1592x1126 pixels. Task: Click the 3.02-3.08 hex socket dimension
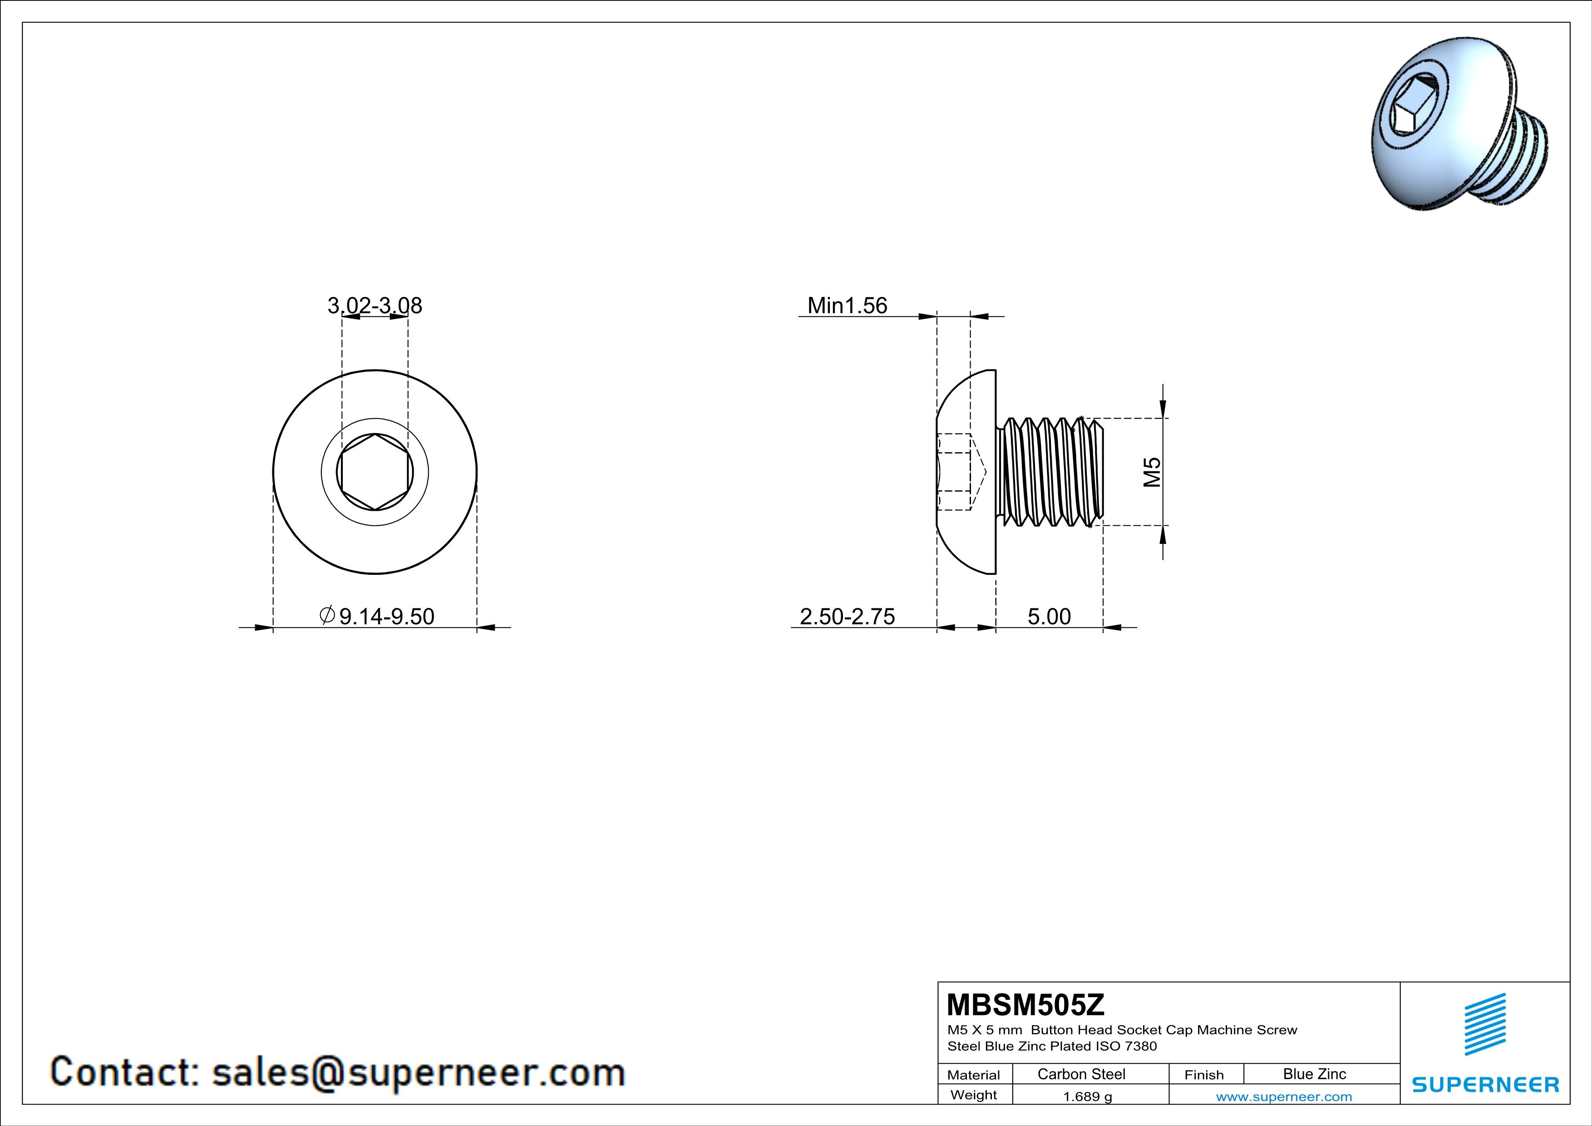(x=375, y=305)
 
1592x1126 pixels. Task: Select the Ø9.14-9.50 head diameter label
(x=377, y=616)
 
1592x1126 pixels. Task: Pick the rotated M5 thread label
(x=1152, y=472)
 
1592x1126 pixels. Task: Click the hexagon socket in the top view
(x=375, y=472)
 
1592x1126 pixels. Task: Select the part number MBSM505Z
(x=1025, y=1004)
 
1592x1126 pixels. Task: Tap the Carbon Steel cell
(x=1081, y=1074)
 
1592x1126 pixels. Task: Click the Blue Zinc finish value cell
(x=1314, y=1074)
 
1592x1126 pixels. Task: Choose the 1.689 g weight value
(x=1087, y=1096)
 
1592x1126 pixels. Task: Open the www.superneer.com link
(x=1283, y=1096)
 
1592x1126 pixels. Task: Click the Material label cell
(x=974, y=1075)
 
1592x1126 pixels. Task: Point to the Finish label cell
(x=1204, y=1075)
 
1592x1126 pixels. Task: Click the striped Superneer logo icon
(x=1484, y=1024)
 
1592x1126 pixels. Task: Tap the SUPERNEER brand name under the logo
(x=1484, y=1084)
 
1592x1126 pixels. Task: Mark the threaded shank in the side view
(x=1050, y=472)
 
